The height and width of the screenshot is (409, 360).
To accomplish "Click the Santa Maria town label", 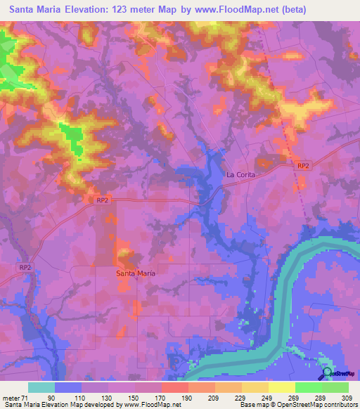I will point(136,273).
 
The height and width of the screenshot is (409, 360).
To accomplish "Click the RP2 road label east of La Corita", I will point(303,165).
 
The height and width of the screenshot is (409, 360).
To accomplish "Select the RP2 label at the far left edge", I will point(26,267).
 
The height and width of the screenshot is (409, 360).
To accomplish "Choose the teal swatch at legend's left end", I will point(41,387).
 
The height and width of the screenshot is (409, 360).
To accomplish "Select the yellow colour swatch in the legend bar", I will point(281,387).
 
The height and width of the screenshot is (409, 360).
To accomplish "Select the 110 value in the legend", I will point(81,398).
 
